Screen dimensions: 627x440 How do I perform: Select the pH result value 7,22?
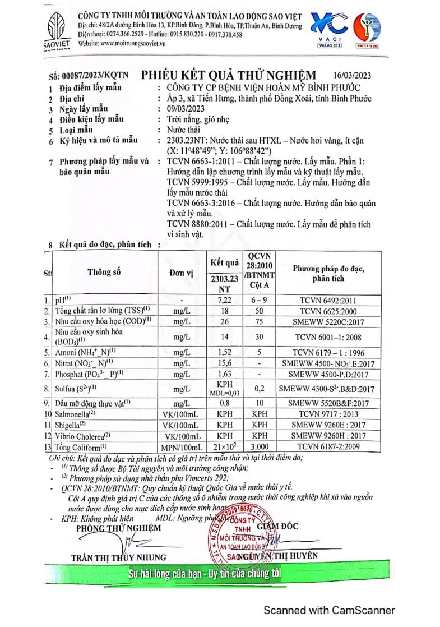(x=225, y=301)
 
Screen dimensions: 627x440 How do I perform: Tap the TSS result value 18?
(x=225, y=310)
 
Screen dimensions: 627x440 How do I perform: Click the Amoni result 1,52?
(x=225, y=353)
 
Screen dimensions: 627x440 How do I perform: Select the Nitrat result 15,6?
(x=225, y=363)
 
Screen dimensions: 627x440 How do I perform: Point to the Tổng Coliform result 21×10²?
(x=225, y=446)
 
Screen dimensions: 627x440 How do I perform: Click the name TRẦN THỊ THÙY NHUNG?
(x=118, y=556)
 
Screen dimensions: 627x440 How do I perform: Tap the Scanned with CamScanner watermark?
(x=329, y=610)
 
